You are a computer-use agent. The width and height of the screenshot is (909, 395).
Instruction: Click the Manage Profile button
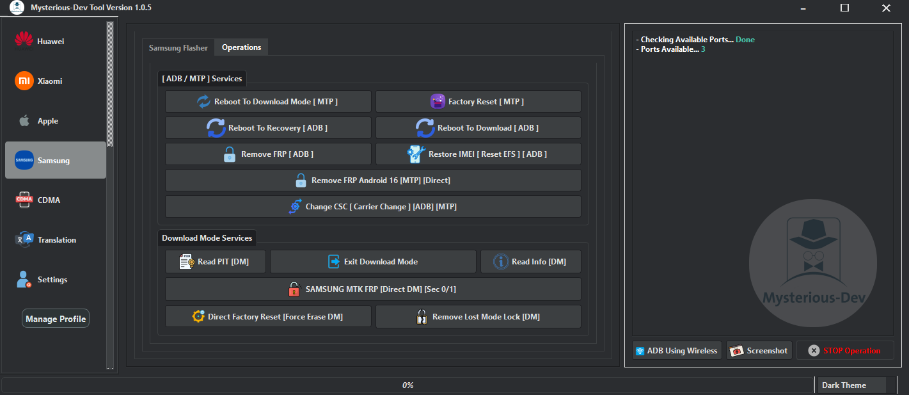click(x=56, y=319)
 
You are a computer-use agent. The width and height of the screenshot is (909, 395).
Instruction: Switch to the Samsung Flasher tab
click(x=178, y=48)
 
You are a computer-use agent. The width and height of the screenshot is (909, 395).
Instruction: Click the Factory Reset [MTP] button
click(x=478, y=102)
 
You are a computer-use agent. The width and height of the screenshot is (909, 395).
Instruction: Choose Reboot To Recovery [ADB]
click(x=268, y=128)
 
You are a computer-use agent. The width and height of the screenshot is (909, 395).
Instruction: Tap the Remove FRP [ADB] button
click(x=268, y=154)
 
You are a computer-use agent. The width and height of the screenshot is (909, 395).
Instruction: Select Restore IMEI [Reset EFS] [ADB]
click(x=478, y=154)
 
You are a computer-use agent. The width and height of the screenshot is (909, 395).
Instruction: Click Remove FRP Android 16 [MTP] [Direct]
click(x=373, y=181)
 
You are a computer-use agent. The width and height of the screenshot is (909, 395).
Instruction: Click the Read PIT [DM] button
click(x=215, y=262)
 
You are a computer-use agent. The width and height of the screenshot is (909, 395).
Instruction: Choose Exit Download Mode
click(x=373, y=262)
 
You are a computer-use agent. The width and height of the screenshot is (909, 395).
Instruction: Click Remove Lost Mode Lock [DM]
click(x=478, y=317)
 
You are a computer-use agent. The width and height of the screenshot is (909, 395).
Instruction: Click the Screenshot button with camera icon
click(x=759, y=351)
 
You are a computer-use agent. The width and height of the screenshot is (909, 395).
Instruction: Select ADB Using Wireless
click(x=676, y=351)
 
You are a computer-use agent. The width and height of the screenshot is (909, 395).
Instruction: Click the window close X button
click(x=885, y=8)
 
